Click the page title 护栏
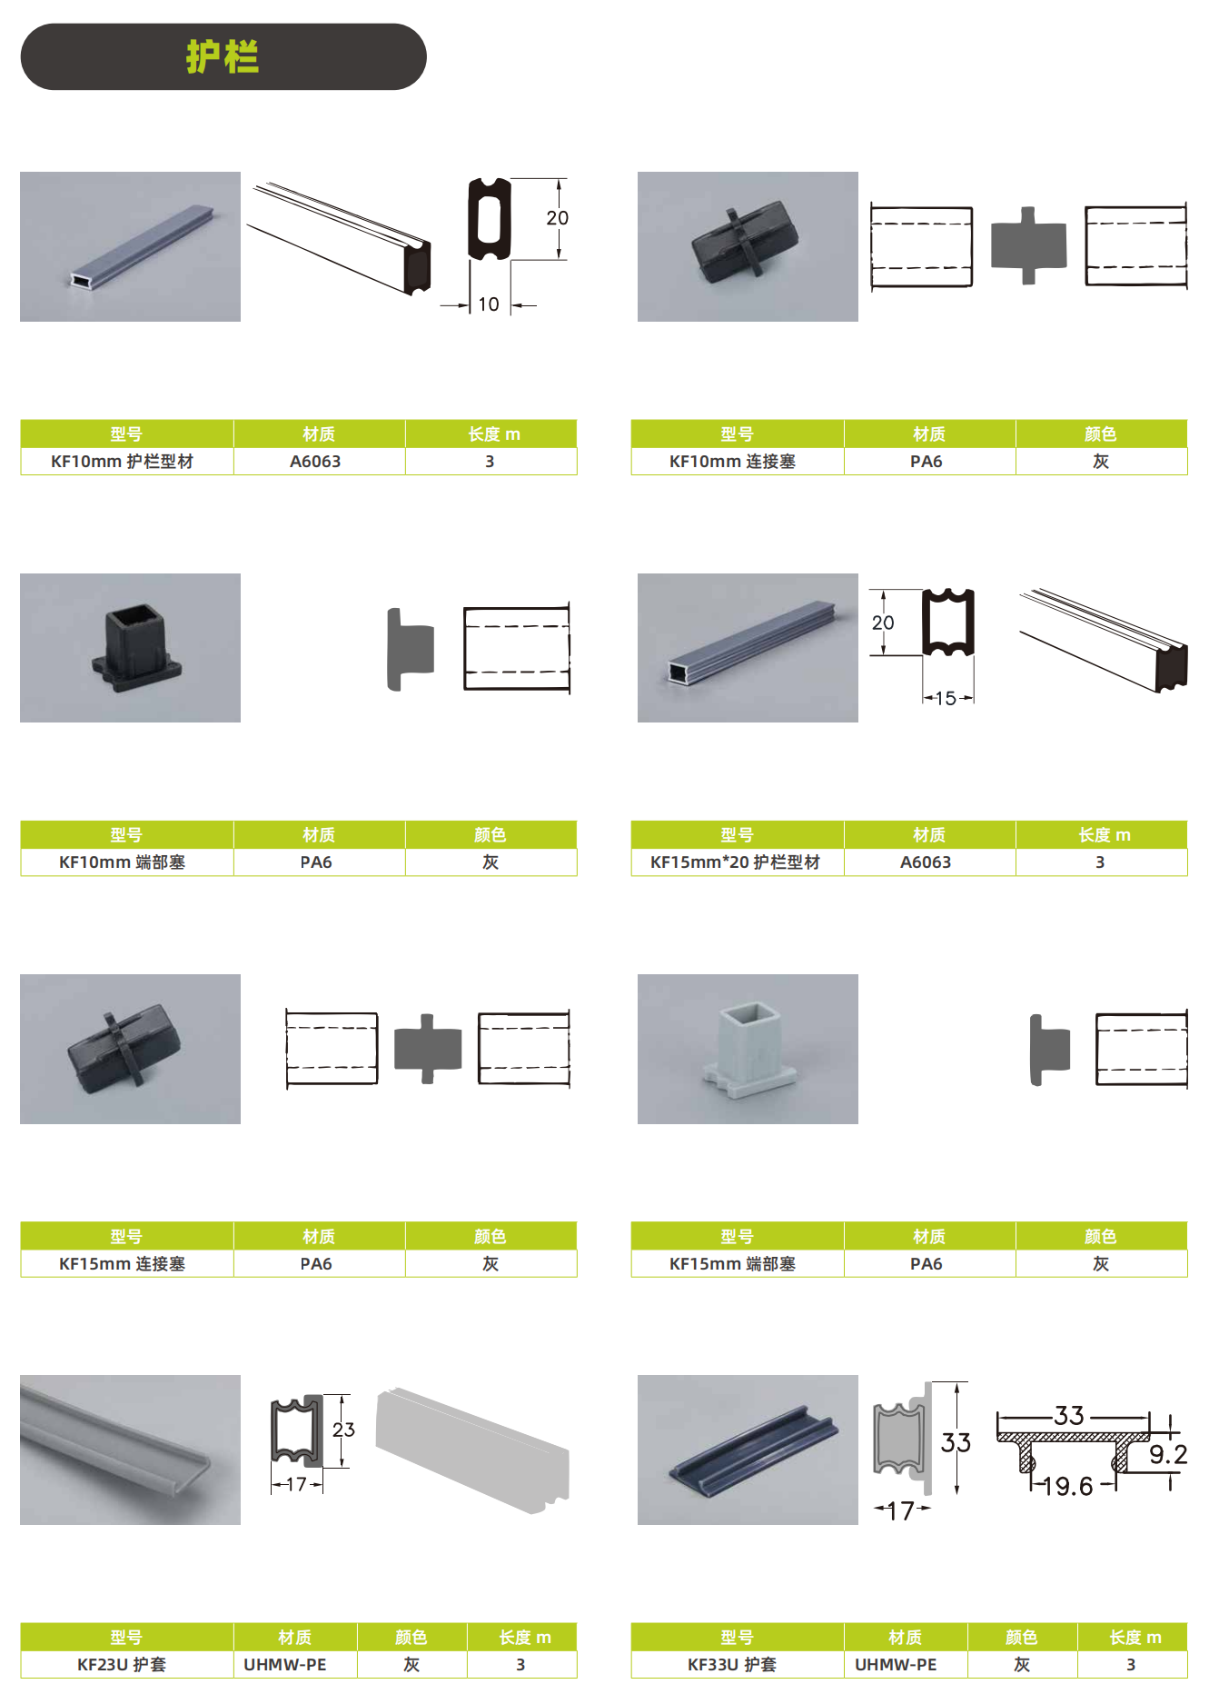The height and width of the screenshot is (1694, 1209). [x=223, y=56]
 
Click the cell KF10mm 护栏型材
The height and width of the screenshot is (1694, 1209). [x=126, y=461]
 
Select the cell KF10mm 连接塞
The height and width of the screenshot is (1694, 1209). [x=737, y=461]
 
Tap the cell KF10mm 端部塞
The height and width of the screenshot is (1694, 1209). [x=126, y=862]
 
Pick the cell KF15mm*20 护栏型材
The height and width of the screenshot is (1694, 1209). [x=737, y=862]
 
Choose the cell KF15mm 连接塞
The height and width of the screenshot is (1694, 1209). [x=126, y=1263]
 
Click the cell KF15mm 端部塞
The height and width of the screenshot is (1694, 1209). [x=737, y=1263]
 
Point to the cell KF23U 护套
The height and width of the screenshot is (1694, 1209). [x=126, y=1664]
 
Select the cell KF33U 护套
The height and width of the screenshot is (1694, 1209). [x=737, y=1664]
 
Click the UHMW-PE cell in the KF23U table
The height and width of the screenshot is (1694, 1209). [x=295, y=1664]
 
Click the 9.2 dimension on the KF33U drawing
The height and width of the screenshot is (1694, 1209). [x=1168, y=1455]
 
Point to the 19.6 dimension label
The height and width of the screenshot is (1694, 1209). [x=1067, y=1486]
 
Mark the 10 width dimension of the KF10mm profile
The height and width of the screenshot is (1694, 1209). [x=489, y=304]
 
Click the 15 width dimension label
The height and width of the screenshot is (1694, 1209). [x=946, y=698]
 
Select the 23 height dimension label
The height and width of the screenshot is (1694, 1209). [x=343, y=1430]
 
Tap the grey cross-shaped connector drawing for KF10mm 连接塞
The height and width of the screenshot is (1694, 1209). [x=1028, y=245]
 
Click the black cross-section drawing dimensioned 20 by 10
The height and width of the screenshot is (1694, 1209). [x=490, y=219]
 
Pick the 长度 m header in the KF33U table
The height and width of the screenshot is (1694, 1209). [x=1135, y=1637]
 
